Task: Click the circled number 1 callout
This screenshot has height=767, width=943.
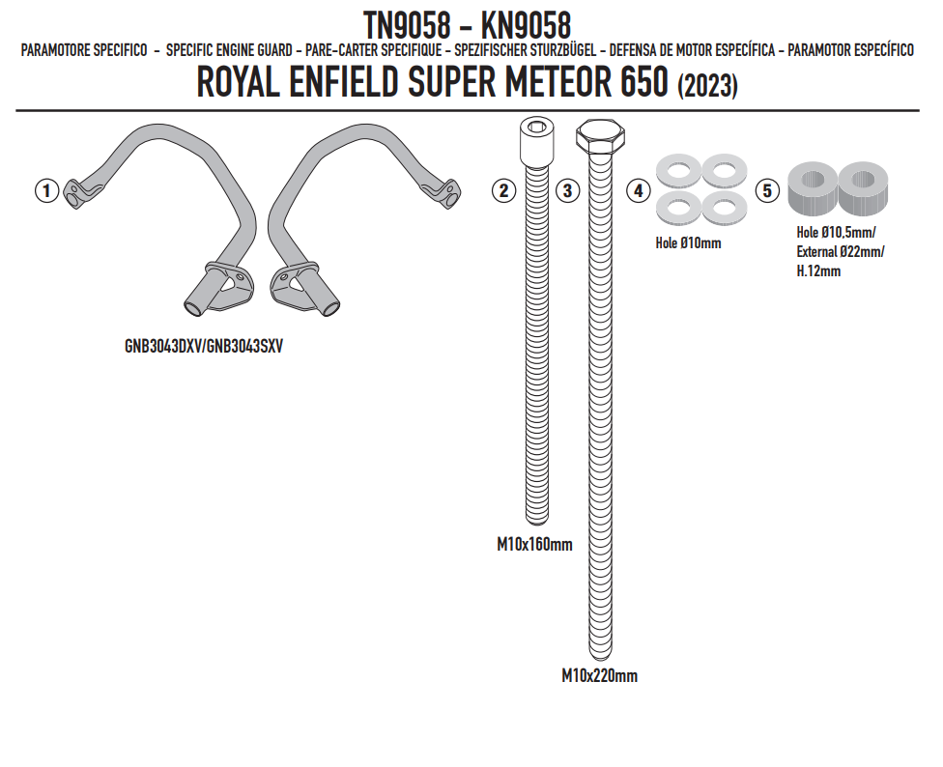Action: [47, 191]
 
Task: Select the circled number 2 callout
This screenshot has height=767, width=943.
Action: [504, 191]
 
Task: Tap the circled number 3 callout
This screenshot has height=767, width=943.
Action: [567, 191]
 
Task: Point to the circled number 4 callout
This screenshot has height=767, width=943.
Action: [638, 191]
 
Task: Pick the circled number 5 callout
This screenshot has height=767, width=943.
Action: [767, 191]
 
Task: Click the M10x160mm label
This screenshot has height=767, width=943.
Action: [534, 545]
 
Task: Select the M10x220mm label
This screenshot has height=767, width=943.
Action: [600, 675]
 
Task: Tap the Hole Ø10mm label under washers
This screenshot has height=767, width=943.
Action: [688, 243]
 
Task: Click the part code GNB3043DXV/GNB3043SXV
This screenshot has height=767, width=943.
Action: [203, 347]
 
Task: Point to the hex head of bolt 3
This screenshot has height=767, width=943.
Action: [600, 135]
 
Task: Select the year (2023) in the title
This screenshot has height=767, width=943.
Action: [707, 86]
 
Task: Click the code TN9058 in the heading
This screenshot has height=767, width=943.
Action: [407, 25]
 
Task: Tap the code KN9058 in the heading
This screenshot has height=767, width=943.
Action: [526, 25]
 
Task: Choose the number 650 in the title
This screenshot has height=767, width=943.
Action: [644, 82]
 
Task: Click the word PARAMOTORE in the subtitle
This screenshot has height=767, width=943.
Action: [58, 50]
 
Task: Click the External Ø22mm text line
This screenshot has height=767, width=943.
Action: [841, 252]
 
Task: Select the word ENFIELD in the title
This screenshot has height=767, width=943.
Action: [343, 82]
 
